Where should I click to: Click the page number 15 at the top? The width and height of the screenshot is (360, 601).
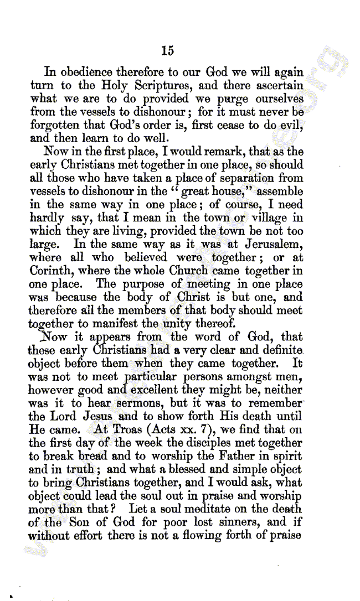click(168, 51)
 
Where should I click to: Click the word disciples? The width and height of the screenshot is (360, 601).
click(221, 443)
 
